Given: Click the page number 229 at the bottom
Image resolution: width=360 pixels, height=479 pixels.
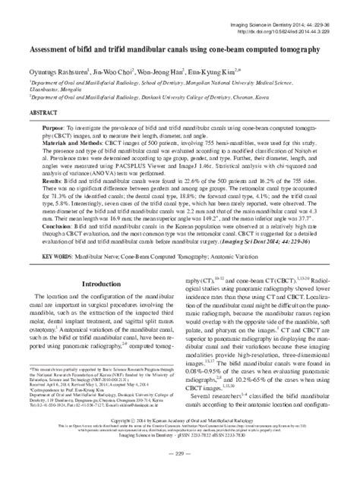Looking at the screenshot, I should [x=181, y=473].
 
